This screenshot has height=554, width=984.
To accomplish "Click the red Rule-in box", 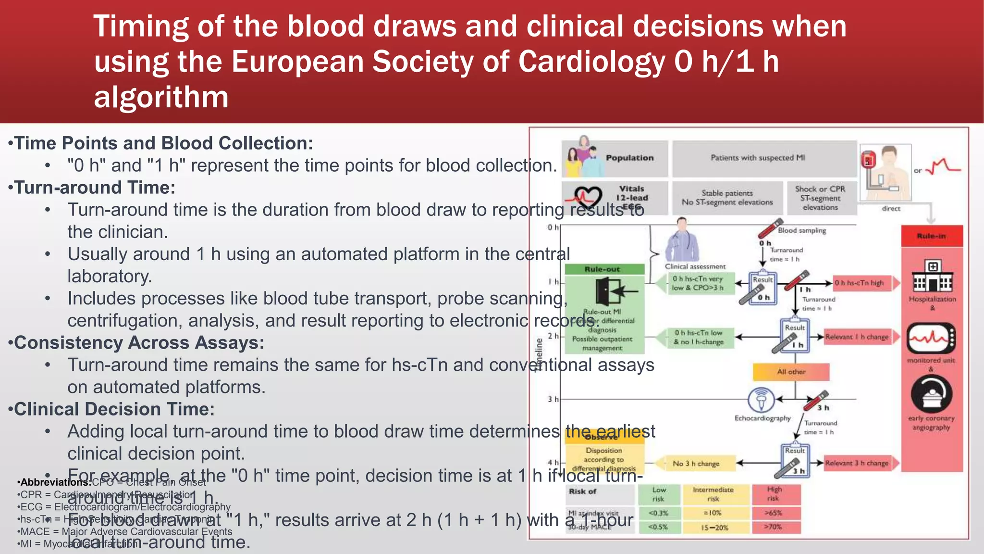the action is click(x=932, y=236).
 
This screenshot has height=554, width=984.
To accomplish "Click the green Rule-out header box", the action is click(x=604, y=269).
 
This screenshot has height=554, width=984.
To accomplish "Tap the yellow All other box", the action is click(x=791, y=372).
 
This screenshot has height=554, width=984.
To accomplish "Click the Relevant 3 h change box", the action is click(x=857, y=463).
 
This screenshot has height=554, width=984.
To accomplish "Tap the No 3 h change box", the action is click(x=696, y=464).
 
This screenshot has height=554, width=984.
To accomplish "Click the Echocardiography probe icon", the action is click(x=761, y=400).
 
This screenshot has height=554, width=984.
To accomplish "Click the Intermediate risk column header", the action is click(x=713, y=494).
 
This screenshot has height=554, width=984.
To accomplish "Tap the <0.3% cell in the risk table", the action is click(x=658, y=513).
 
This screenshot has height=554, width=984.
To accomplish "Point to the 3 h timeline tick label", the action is click(x=553, y=399).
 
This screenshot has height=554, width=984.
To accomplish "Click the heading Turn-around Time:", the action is click(x=95, y=188).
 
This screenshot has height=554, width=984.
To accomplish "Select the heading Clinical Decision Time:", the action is click(x=114, y=409).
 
